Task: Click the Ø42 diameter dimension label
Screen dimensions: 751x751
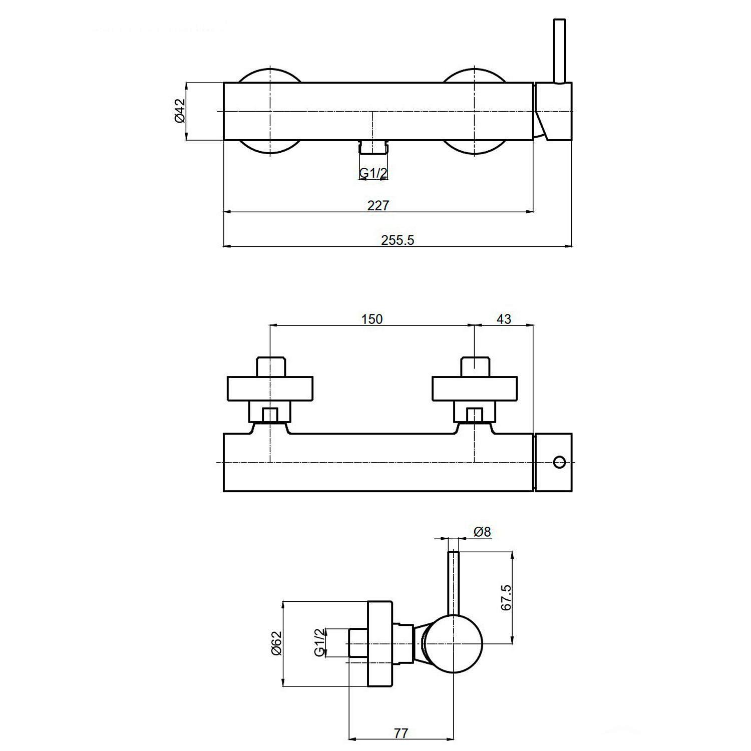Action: [180, 111]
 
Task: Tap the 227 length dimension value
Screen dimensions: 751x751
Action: [378, 205]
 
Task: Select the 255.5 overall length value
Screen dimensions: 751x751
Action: [398, 240]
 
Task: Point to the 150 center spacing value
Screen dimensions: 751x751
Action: [372, 319]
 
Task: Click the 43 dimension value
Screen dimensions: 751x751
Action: [504, 319]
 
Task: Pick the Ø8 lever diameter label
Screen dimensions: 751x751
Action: [482, 531]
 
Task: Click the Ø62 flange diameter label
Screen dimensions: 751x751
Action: [277, 643]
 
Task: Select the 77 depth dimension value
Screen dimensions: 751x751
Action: [401, 733]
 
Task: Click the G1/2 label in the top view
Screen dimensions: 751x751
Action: [373, 173]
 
